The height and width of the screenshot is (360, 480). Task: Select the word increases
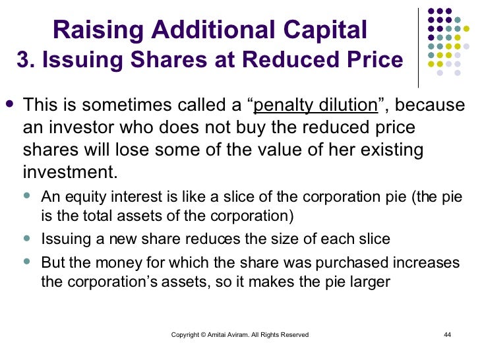coord(427,262)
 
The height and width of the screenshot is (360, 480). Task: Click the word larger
coord(371,282)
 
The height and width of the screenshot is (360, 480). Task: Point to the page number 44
coord(447,335)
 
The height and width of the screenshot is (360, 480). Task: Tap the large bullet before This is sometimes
coord(9,104)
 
